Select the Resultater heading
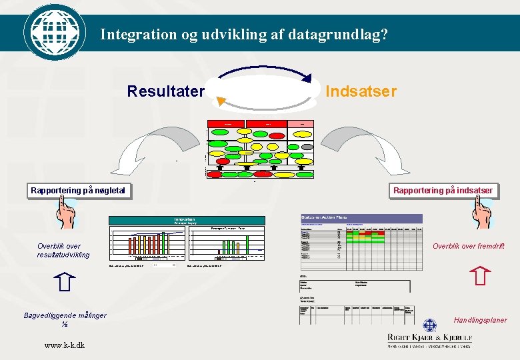click(x=166, y=91)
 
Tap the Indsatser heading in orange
click(x=361, y=91)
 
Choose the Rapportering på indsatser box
click(x=443, y=191)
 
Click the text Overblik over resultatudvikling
click(x=63, y=251)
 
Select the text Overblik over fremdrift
click(x=469, y=246)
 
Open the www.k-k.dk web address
click(x=65, y=345)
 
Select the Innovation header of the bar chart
click(x=185, y=219)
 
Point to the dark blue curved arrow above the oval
click(x=267, y=70)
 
